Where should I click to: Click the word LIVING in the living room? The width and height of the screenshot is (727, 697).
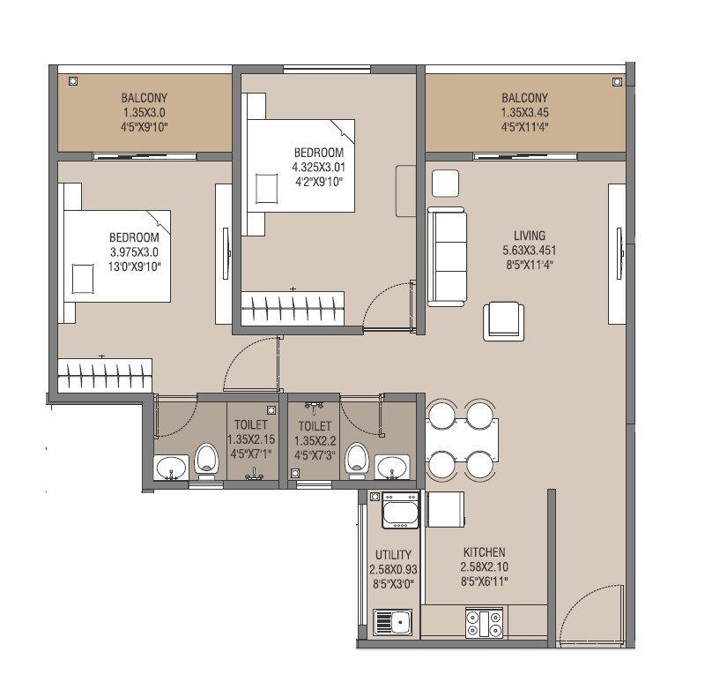[530, 236]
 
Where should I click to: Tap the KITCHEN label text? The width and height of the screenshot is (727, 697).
[483, 552]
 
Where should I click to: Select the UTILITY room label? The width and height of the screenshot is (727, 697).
[393, 555]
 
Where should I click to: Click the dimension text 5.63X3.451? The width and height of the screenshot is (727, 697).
[530, 250]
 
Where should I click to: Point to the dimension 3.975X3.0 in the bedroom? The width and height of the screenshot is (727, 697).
[134, 251]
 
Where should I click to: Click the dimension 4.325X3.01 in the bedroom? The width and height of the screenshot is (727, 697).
[317, 168]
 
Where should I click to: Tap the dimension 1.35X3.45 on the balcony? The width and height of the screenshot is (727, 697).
[524, 112]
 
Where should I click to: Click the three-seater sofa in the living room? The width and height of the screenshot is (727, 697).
[447, 256]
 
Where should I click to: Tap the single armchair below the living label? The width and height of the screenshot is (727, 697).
[505, 320]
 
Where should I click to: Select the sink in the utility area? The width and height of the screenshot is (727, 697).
[393, 622]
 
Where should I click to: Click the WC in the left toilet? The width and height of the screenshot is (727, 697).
[206, 461]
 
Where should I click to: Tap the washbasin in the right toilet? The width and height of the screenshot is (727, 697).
[392, 467]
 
